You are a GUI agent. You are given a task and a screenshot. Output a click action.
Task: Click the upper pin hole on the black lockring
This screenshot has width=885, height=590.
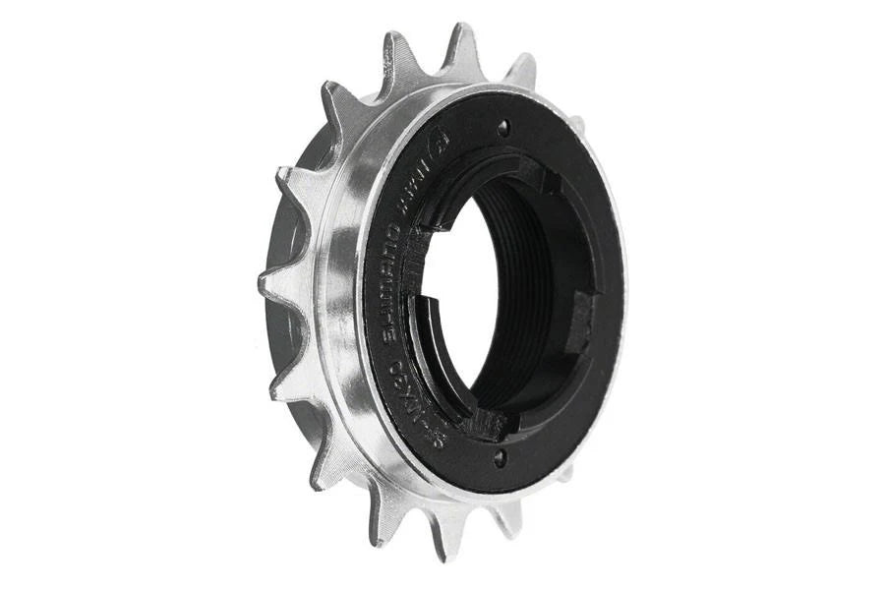tap(504, 127)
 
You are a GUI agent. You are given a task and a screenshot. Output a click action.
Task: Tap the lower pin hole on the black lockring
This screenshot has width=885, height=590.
tap(500, 455)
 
